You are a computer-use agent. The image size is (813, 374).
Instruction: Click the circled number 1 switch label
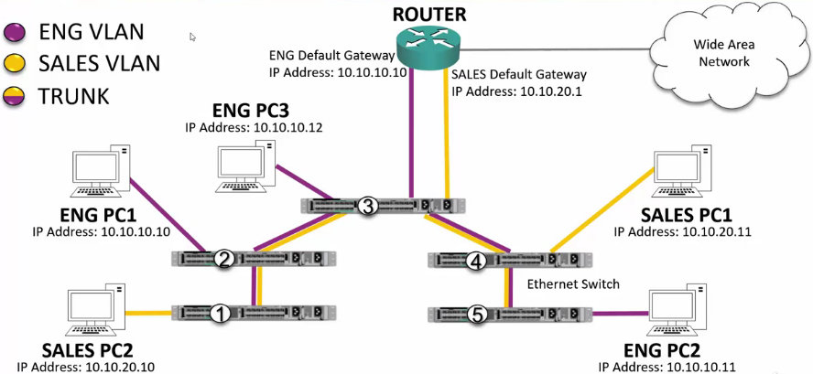(x=219, y=314)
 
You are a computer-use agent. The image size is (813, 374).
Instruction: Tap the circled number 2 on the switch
(x=221, y=260)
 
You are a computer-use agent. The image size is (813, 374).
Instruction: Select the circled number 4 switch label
(x=474, y=262)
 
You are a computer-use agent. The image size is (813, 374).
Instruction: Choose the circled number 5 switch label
(x=474, y=315)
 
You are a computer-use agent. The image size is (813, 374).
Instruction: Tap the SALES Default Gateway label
(x=519, y=74)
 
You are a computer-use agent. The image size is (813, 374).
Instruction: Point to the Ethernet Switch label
(x=573, y=284)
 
